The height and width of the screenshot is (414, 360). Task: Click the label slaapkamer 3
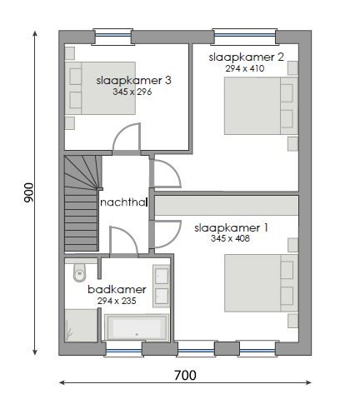(x=133, y=80)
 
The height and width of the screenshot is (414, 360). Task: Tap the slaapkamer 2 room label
(x=247, y=56)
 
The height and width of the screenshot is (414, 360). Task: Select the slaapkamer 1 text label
(x=231, y=227)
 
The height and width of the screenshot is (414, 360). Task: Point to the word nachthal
(x=123, y=202)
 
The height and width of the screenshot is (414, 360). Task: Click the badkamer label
(x=117, y=289)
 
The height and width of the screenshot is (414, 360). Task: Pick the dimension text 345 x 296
(x=133, y=92)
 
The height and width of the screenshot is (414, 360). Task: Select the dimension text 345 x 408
(x=231, y=238)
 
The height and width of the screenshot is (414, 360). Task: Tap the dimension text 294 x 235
(x=117, y=301)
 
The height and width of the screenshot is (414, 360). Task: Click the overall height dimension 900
(x=28, y=192)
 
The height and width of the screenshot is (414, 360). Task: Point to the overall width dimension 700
(x=185, y=376)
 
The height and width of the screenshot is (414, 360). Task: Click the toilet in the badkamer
(x=80, y=272)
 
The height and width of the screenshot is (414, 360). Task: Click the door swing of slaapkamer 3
(x=127, y=138)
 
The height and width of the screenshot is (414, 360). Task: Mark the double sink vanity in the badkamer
(x=162, y=285)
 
